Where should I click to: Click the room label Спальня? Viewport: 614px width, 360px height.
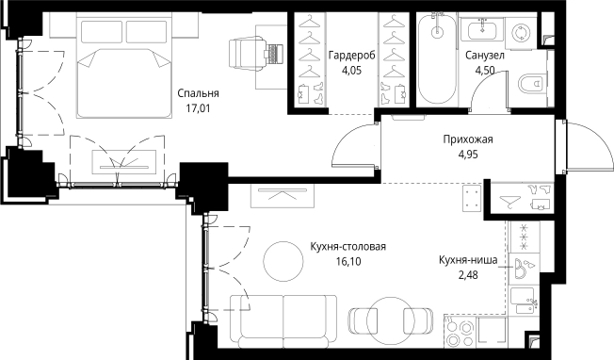tap(198, 93)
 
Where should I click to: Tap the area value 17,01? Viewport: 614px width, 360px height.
tap(198, 108)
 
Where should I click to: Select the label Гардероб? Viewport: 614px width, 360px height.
tap(352, 56)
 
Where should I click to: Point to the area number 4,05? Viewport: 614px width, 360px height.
tap(352, 70)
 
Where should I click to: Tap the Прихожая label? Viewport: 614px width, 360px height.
tap(468, 139)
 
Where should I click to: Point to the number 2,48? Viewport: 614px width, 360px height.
tap(468, 275)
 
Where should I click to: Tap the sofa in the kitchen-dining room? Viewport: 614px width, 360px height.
tap(283, 320)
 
